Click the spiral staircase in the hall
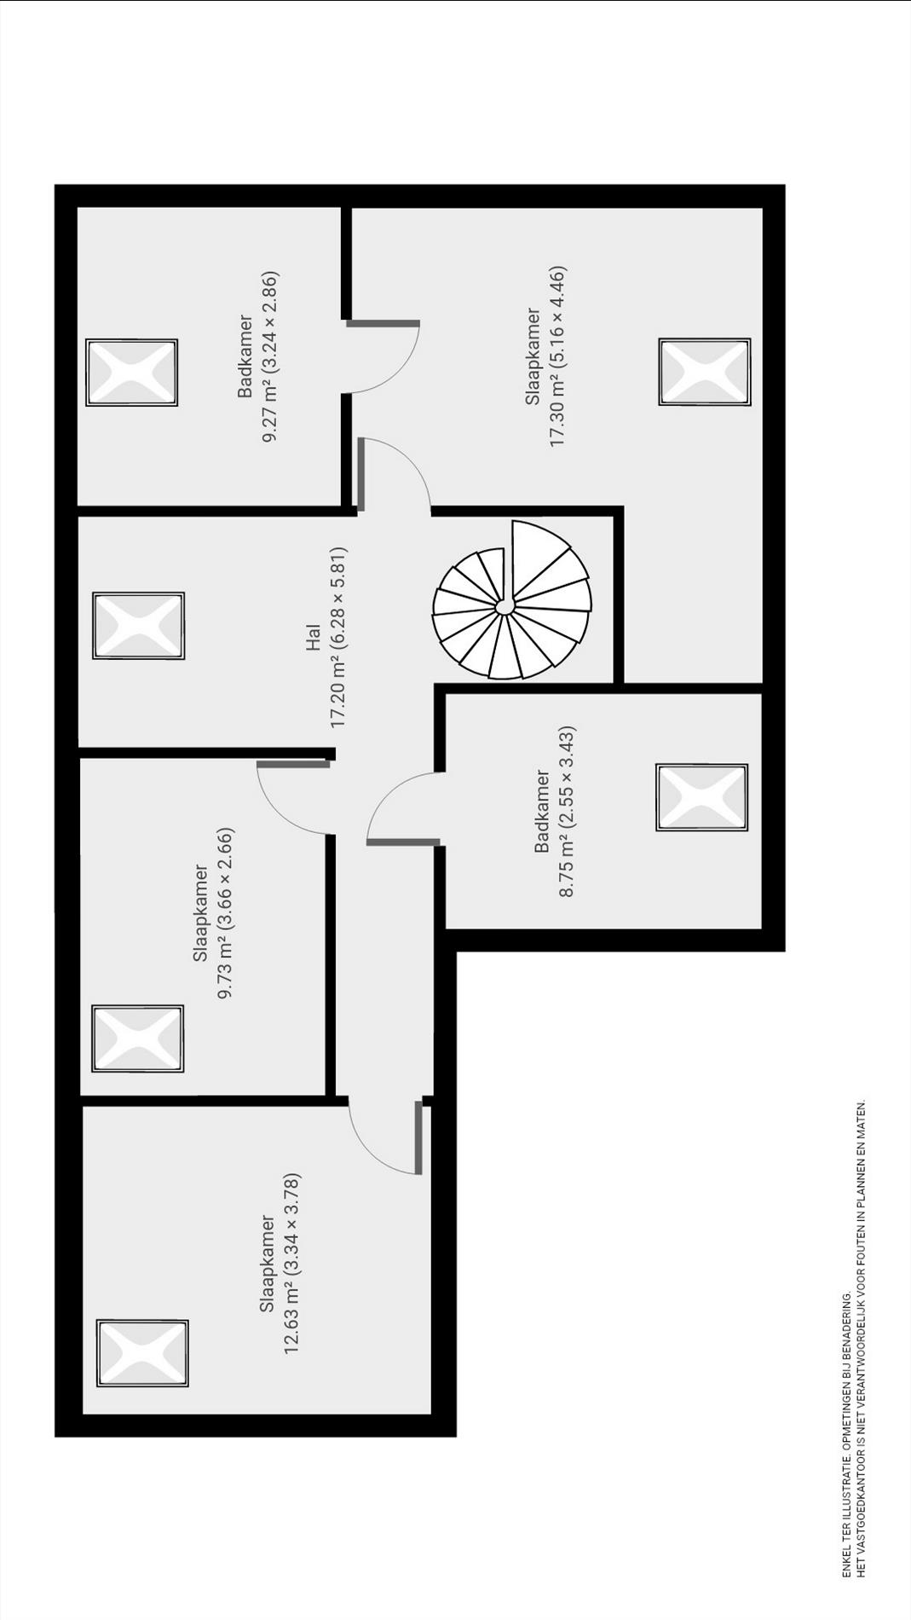[x=511, y=600]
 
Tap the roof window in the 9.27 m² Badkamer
[x=132, y=373]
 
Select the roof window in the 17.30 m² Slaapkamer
[x=705, y=372]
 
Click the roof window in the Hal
[x=139, y=626]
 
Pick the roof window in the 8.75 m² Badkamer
[x=702, y=797]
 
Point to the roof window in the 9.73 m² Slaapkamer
[x=138, y=1039]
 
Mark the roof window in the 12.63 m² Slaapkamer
[x=142, y=1353]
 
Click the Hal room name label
[x=313, y=638]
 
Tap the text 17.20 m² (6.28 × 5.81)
[x=338, y=638]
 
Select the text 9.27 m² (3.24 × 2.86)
[x=271, y=357]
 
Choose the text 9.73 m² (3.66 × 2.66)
[x=226, y=913]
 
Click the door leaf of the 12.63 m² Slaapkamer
[x=418, y=1137]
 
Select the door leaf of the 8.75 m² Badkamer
[x=403, y=842]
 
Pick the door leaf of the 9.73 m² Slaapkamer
[x=293, y=764]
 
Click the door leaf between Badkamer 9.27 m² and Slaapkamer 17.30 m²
[x=383, y=323]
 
